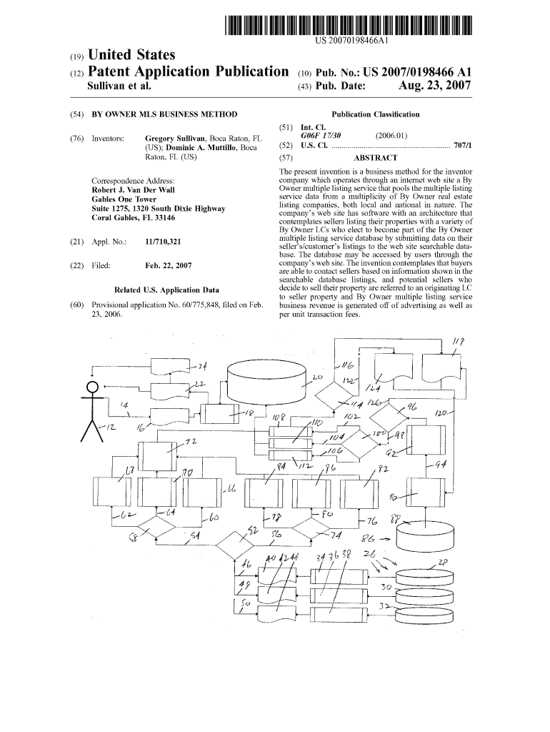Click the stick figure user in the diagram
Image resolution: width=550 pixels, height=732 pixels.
[91, 410]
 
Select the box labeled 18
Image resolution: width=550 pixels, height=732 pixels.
[221, 413]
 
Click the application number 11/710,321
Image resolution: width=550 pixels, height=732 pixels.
[163, 242]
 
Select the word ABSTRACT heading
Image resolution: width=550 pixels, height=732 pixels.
[375, 158]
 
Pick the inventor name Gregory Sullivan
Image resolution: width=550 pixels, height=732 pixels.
[175, 137]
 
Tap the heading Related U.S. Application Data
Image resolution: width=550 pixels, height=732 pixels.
[166, 290]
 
